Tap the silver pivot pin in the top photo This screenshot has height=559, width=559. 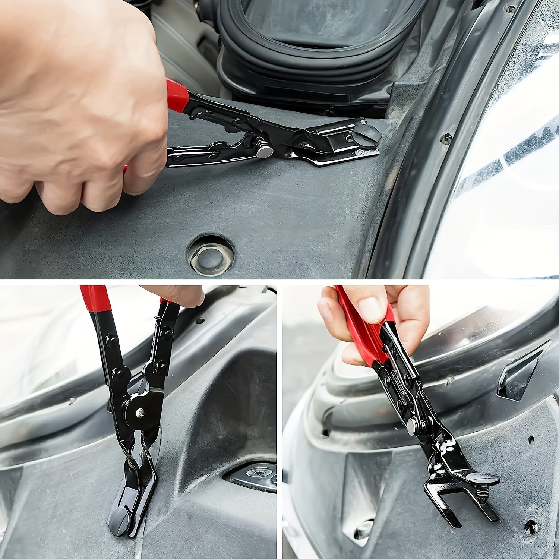(x=265, y=152)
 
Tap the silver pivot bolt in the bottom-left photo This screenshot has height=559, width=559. (x=140, y=411)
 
